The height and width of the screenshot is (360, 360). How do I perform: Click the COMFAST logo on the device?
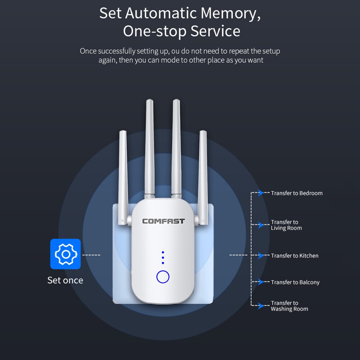163,221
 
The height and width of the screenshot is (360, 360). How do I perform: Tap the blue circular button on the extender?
163,277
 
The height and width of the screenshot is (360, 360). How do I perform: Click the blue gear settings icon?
65,254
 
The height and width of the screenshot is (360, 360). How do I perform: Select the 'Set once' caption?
65,280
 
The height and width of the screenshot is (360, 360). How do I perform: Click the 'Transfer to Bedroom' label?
297,193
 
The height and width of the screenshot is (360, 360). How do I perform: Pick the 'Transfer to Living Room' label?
286,225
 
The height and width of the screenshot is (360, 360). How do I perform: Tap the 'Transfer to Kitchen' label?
295,256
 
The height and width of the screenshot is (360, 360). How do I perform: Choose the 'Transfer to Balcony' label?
295,282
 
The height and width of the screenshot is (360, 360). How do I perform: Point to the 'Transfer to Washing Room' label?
289,306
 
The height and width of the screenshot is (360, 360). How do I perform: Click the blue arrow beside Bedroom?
261,193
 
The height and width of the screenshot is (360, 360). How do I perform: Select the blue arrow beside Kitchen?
261,256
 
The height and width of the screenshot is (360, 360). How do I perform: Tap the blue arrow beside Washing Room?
261,306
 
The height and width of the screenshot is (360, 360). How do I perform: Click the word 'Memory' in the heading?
230,13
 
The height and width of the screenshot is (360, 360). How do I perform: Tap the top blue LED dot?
163,252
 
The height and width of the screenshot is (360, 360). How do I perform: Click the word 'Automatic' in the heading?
161,13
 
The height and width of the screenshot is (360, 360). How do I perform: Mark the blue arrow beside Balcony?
261,282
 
